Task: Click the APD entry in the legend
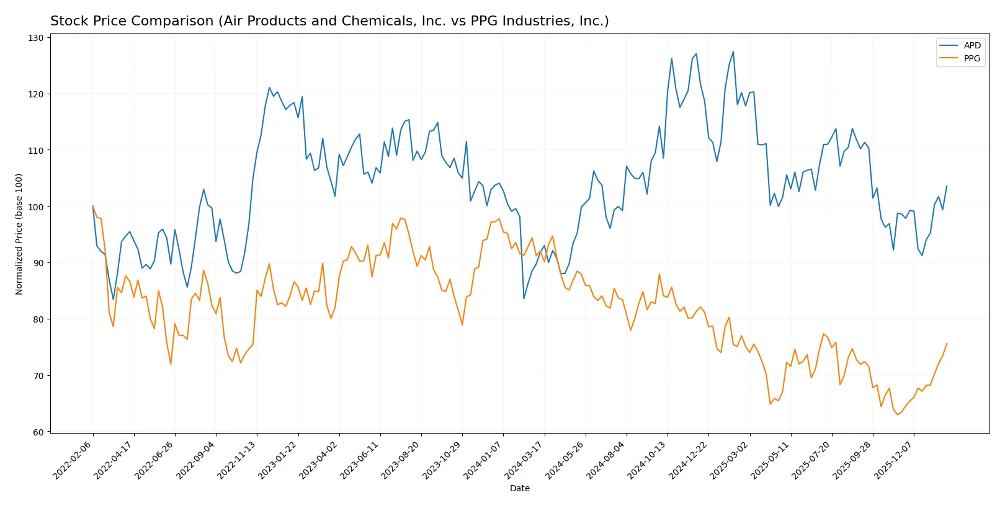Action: point(971,45)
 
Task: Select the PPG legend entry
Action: point(971,58)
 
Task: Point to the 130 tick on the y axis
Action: point(36,38)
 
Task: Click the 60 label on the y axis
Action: point(38,432)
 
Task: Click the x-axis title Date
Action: point(519,488)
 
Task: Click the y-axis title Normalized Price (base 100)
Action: point(19,234)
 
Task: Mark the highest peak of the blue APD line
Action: point(733,51)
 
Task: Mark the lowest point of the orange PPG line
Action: point(897,415)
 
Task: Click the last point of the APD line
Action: point(947,185)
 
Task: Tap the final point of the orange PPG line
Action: point(947,344)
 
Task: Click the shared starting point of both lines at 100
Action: point(93,207)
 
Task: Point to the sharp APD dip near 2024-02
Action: point(524,299)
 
